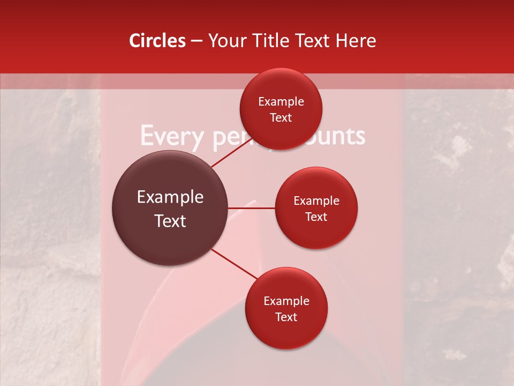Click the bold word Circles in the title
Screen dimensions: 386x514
(157, 41)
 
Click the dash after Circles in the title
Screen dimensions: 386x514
(196, 41)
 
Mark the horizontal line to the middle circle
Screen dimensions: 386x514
(251, 208)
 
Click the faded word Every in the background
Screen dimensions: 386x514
(172, 136)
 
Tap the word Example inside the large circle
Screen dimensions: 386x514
(170, 197)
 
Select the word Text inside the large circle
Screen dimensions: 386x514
(170, 221)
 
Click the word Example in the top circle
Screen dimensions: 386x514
(281, 102)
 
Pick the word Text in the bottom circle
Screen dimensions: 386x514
(286, 317)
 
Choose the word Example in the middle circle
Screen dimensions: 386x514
(316, 201)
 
